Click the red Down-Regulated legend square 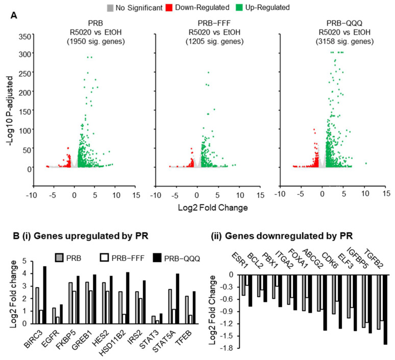point(169,8)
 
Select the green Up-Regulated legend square point(239,8)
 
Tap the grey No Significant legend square point(110,8)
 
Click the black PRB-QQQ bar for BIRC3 point(45,295)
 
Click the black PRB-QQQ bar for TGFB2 point(385,310)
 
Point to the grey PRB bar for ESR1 point(243,285)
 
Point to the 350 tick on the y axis point(25,37)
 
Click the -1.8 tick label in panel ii point(229,348)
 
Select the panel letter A point(14,16)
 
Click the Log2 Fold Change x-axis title point(213,208)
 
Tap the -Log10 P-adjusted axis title point(10,111)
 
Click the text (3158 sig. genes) point(344,41)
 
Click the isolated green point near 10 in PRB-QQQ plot point(366,163)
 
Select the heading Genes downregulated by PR point(289,236)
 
